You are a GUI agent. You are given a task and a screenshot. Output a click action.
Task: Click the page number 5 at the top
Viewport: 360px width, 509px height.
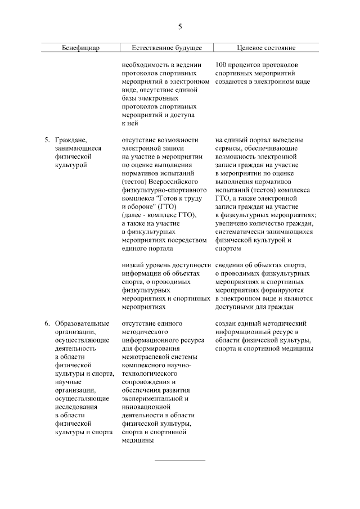(180, 26)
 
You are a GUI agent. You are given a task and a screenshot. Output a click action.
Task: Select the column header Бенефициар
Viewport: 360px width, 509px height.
(80, 48)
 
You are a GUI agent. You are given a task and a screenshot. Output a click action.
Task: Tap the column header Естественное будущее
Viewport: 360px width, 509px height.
(166, 48)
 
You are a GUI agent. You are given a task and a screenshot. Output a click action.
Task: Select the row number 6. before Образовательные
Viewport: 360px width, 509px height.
(47, 324)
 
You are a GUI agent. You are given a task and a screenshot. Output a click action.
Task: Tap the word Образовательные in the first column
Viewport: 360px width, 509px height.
(82, 324)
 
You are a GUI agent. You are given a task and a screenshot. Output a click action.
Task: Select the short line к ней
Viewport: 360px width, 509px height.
(130, 123)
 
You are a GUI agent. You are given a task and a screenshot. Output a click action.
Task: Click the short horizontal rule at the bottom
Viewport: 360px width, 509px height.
(180, 461)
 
